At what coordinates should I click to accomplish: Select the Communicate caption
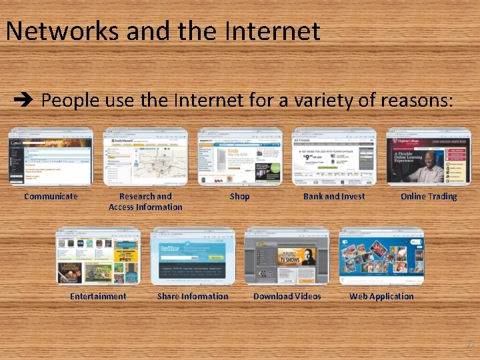tap(51, 196)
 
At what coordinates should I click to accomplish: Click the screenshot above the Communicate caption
tap(51, 157)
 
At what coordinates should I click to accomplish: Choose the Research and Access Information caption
tap(145, 201)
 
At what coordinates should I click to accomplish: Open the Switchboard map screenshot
tap(145, 157)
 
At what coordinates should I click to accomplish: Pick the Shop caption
tap(239, 196)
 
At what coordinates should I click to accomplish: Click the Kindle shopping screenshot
tap(240, 157)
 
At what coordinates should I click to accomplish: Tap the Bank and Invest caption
tap(334, 196)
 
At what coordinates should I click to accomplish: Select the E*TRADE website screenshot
tap(335, 157)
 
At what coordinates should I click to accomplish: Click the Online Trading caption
tap(429, 196)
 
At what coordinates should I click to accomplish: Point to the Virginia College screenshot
tap(429, 157)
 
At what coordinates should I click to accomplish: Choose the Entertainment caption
tap(98, 296)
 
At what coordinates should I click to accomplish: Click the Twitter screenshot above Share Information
tap(193, 257)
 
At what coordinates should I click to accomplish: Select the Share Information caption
tap(193, 296)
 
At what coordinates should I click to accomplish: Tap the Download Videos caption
tap(287, 296)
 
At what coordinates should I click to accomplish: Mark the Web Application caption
tap(381, 296)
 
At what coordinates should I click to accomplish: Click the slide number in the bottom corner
tap(470, 344)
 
